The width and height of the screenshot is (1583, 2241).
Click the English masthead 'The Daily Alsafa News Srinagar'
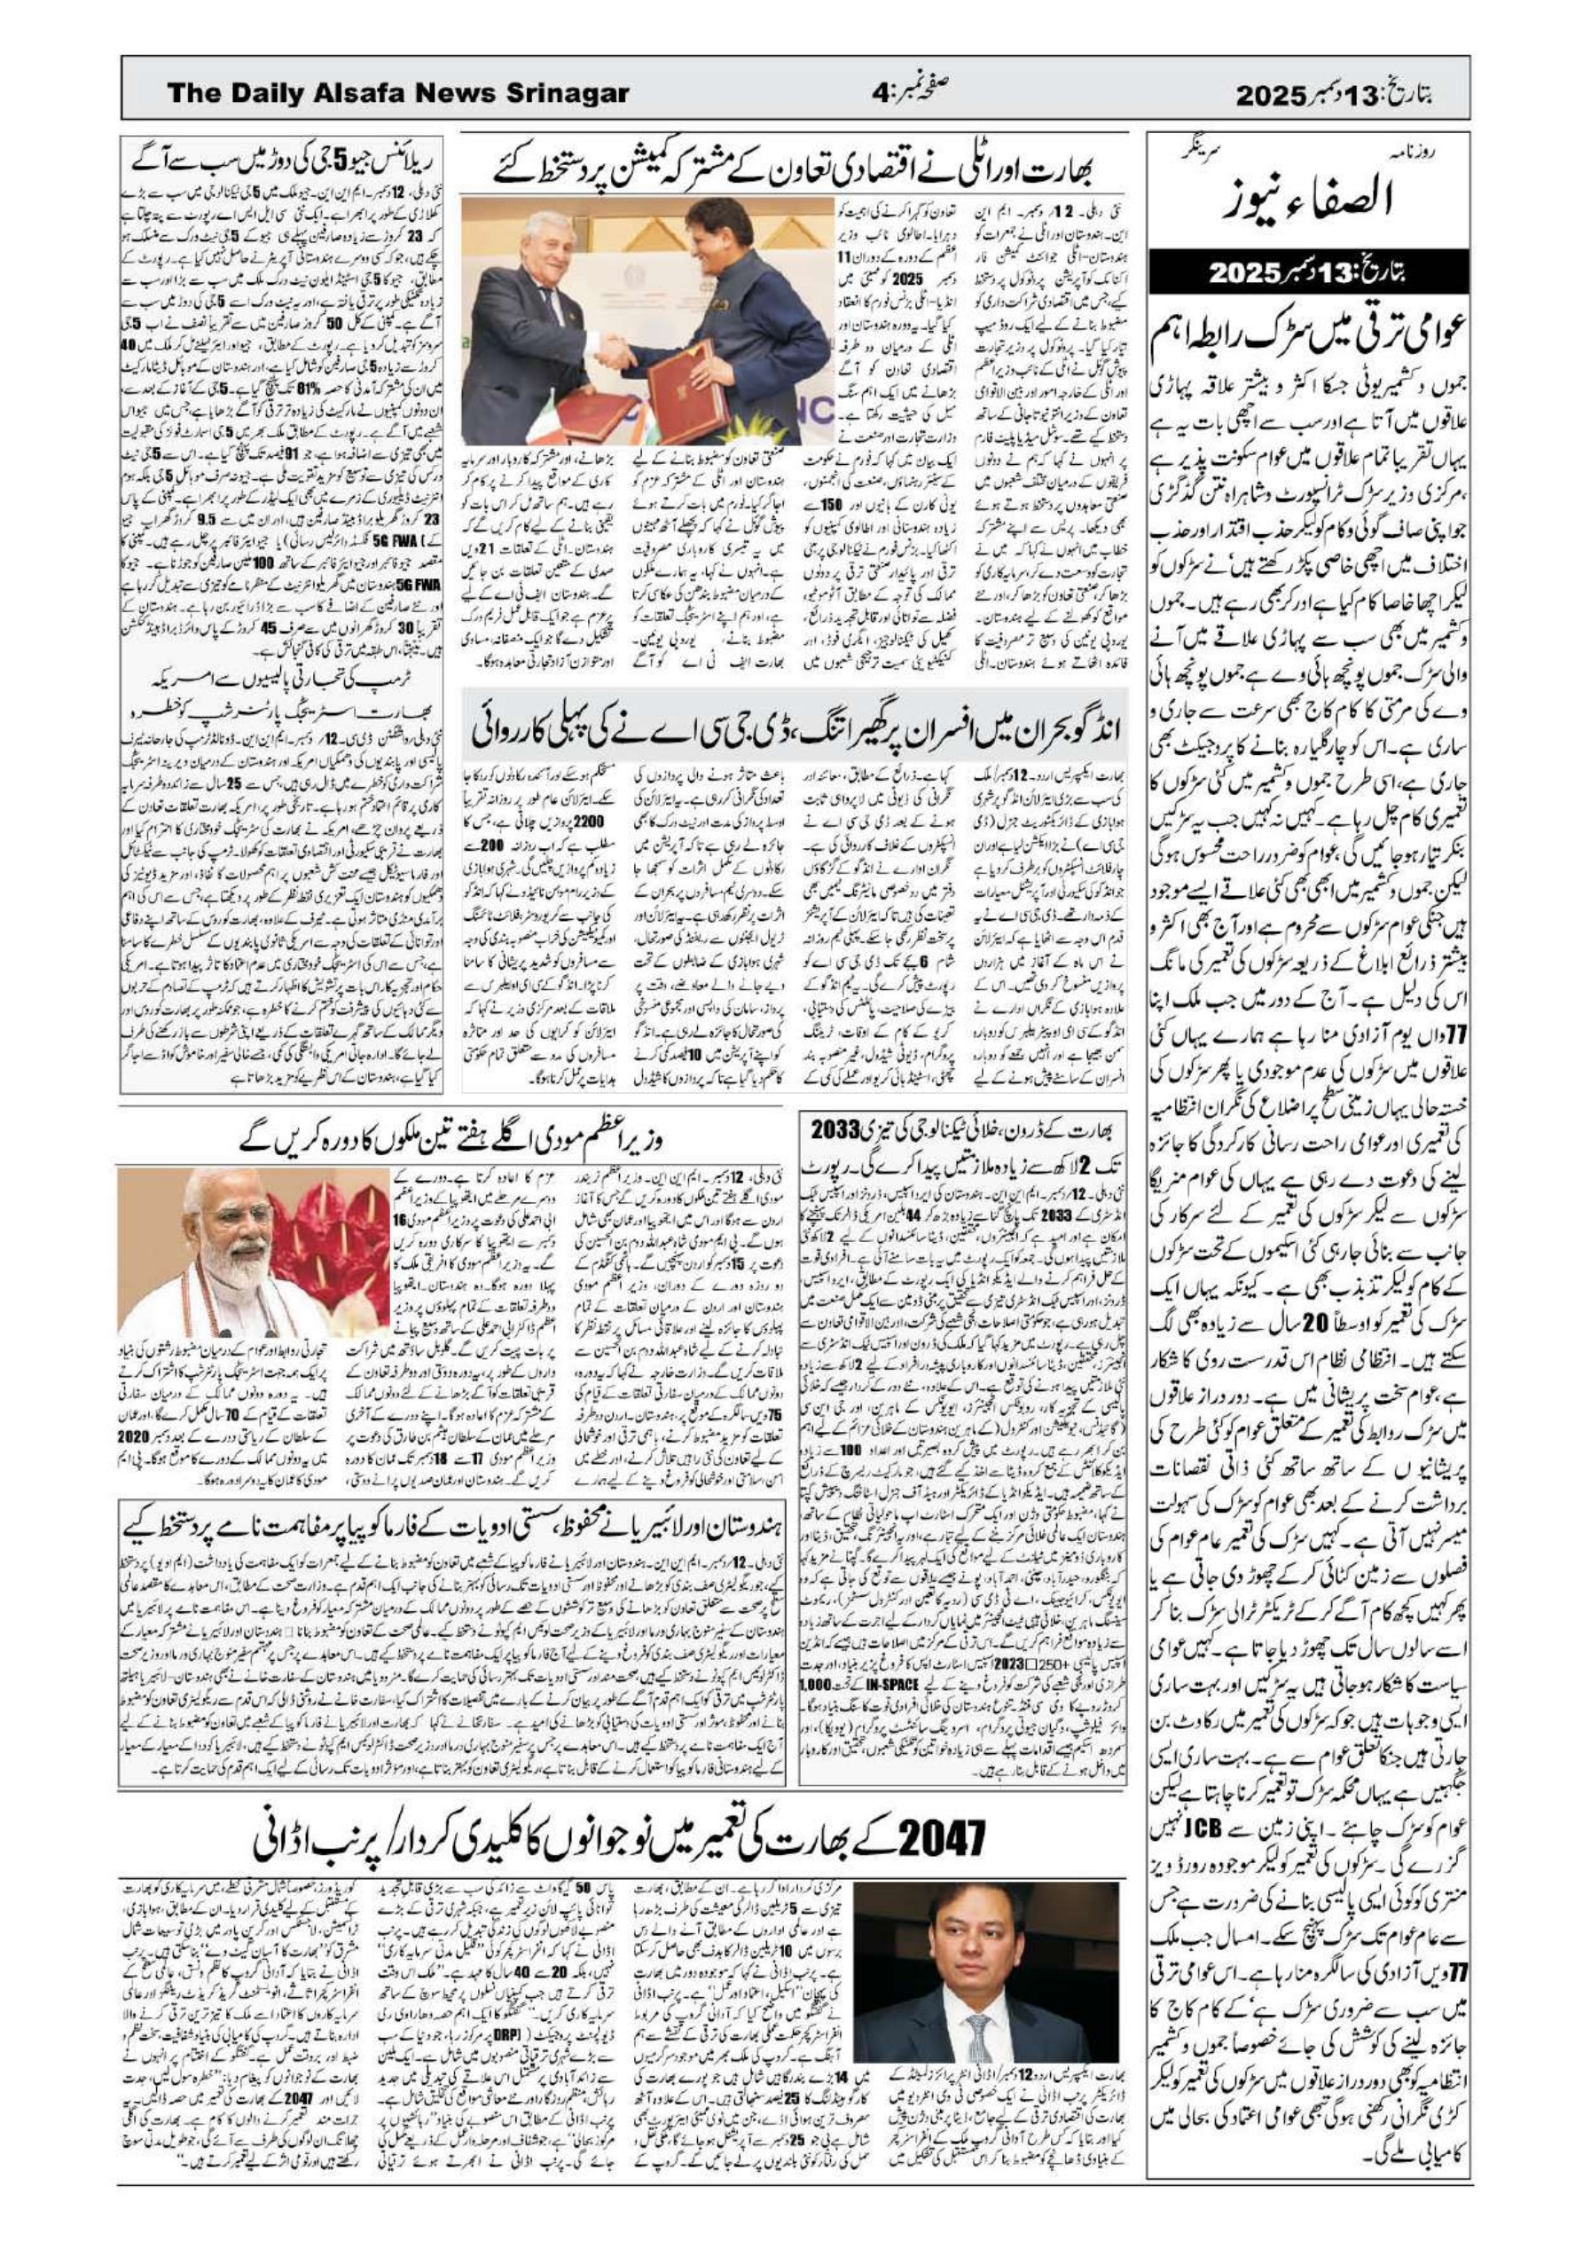[x=398, y=94]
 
